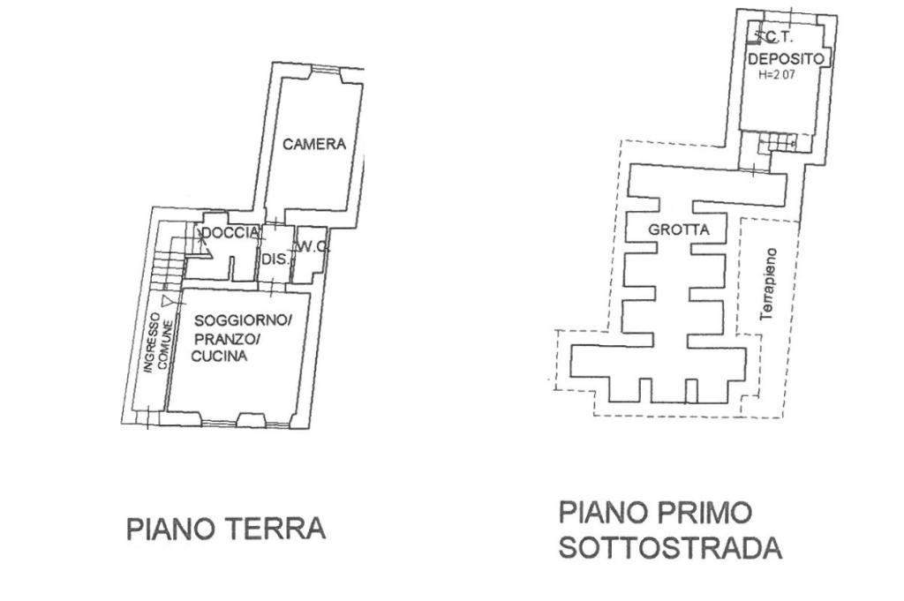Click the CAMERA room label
[314, 145]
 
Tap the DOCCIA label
[230, 233]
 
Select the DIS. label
[272, 259]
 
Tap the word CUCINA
[219, 357]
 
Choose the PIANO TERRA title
[227, 529]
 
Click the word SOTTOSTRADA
[670, 548]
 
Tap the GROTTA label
[679, 229]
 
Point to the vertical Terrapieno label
[768, 282]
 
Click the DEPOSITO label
[786, 59]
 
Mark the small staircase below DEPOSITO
[782, 141]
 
